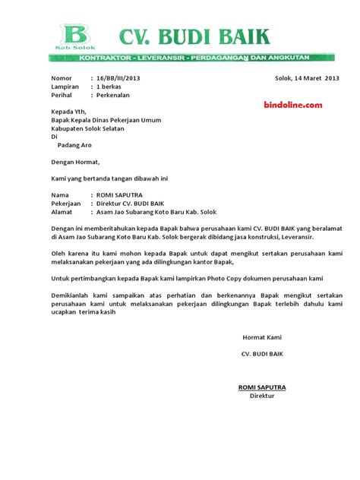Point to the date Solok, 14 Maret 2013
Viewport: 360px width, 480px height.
[307, 78]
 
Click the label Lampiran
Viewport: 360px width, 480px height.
[65, 87]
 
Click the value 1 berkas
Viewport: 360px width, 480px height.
[111, 87]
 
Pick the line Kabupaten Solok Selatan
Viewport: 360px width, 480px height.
[92, 128]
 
